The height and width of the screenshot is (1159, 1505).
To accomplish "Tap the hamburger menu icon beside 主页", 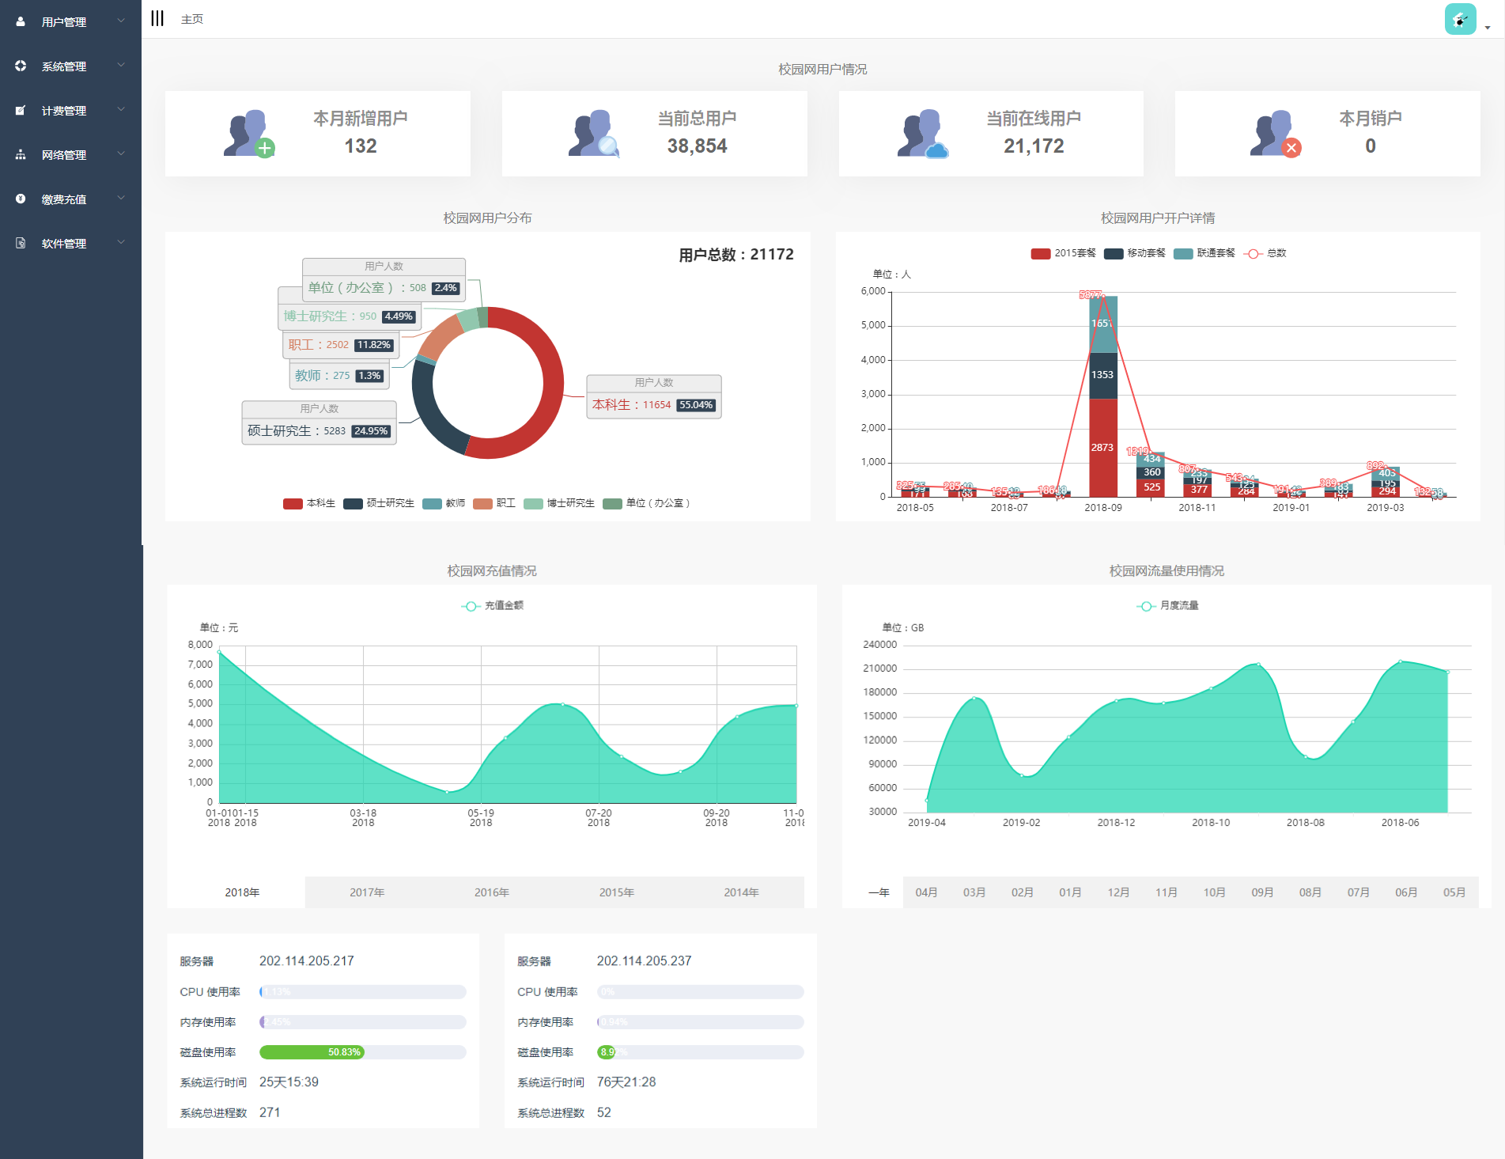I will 157,18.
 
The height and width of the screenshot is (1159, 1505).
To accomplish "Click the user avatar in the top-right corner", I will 1460,19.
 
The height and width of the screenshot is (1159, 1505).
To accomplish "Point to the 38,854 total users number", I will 697,146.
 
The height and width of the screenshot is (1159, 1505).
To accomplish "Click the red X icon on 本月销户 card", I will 1291,148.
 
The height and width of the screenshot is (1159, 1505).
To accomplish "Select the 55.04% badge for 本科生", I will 696,405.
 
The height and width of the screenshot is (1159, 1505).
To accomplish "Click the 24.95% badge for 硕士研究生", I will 371,431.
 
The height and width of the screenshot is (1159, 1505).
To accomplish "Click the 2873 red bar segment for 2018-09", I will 1102,447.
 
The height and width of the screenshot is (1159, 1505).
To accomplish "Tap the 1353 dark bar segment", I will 1102,375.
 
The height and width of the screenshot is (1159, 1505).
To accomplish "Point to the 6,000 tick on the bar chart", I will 873,291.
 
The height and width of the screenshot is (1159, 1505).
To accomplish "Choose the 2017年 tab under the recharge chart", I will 367,892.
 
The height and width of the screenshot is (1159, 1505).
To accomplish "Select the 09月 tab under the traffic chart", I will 1262,892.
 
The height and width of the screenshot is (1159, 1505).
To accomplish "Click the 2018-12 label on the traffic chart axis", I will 1116,823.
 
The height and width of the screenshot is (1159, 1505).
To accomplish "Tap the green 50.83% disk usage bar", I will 312,1052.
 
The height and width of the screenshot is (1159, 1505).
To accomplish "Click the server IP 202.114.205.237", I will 644,961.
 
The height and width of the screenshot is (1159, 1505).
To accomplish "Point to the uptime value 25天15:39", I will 289,1082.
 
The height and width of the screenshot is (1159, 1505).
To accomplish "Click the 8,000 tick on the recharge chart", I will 200,645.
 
